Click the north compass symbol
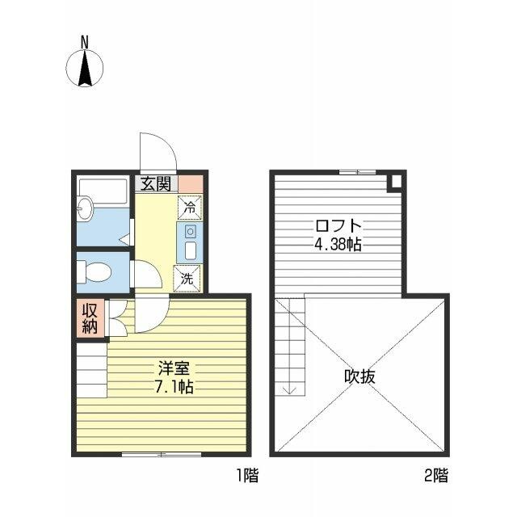[85, 68]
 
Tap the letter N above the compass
[85, 43]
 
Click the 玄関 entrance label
[156, 184]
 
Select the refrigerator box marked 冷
[190, 208]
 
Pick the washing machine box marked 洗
[187, 279]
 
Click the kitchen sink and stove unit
[190, 242]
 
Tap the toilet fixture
[94, 272]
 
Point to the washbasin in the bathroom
[86, 208]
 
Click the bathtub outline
[103, 191]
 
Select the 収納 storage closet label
[90, 318]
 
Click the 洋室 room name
[174, 368]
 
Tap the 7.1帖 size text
[174, 388]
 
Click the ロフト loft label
[338, 226]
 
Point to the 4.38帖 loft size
[338, 245]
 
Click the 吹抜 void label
[359, 376]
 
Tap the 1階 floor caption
[248, 476]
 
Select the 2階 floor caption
[436, 476]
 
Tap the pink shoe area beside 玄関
[191, 184]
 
